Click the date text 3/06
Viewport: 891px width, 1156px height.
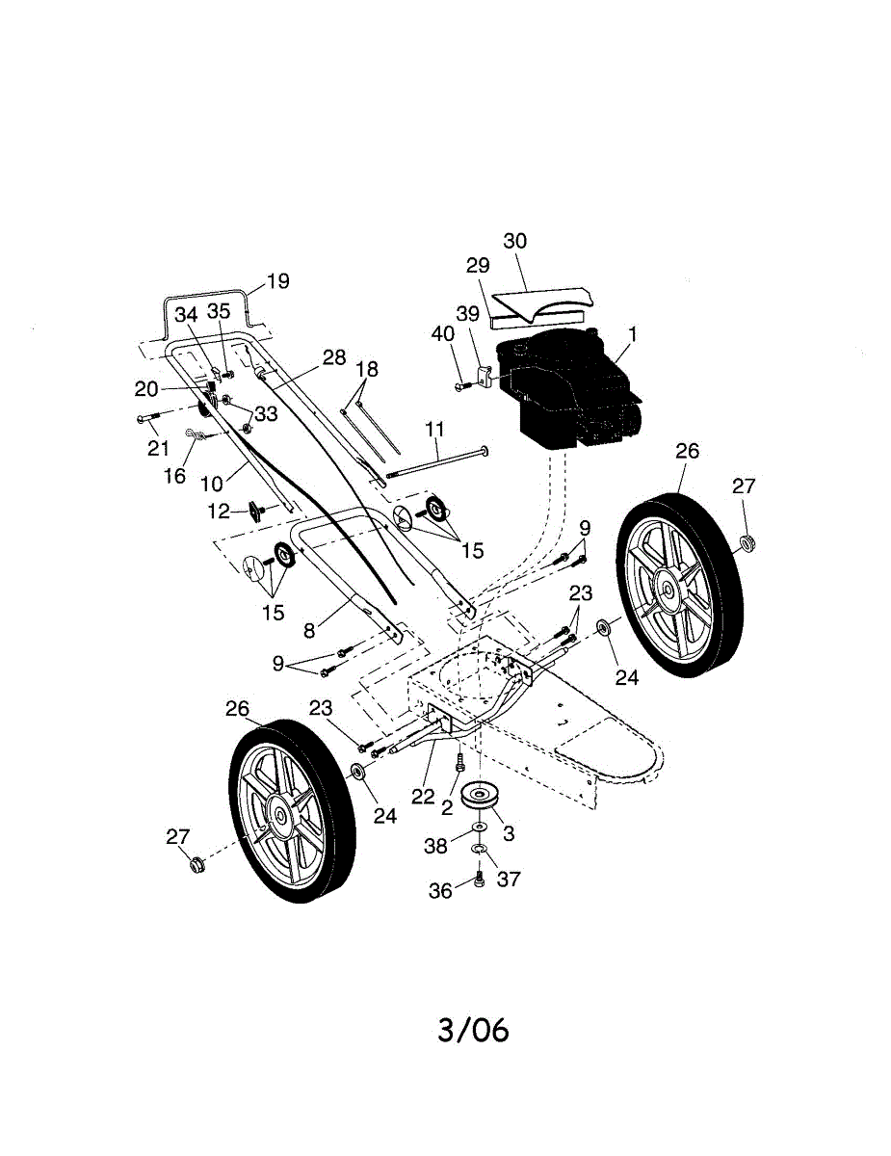(x=472, y=1030)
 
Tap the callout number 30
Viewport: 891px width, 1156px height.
(x=515, y=241)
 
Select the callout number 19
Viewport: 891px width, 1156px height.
(x=277, y=281)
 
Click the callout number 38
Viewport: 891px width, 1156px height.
(x=436, y=846)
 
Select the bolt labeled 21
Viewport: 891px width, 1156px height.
(x=147, y=419)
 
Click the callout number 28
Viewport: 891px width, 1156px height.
(x=333, y=357)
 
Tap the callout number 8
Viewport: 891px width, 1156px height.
(x=309, y=632)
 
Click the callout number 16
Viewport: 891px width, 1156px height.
(x=174, y=477)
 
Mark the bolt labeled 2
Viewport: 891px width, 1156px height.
(x=460, y=762)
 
